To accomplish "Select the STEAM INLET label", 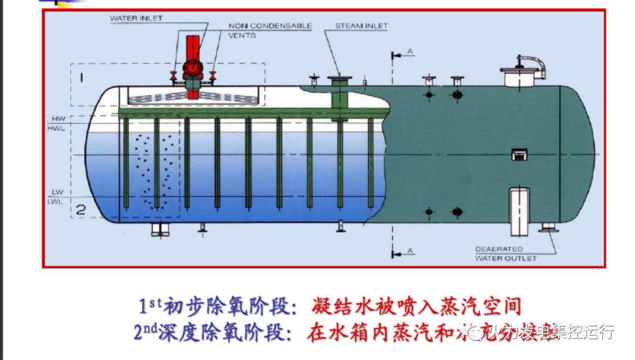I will coord(354,26).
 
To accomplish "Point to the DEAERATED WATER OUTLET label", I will coord(506,254).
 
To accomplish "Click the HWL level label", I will coord(58,127).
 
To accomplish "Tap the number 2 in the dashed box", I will coord(81,209).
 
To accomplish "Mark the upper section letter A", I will coord(410,52).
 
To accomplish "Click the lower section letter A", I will coord(410,251).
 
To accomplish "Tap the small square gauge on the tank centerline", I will coord(518,154).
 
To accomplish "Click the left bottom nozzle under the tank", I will coord(161,229).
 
